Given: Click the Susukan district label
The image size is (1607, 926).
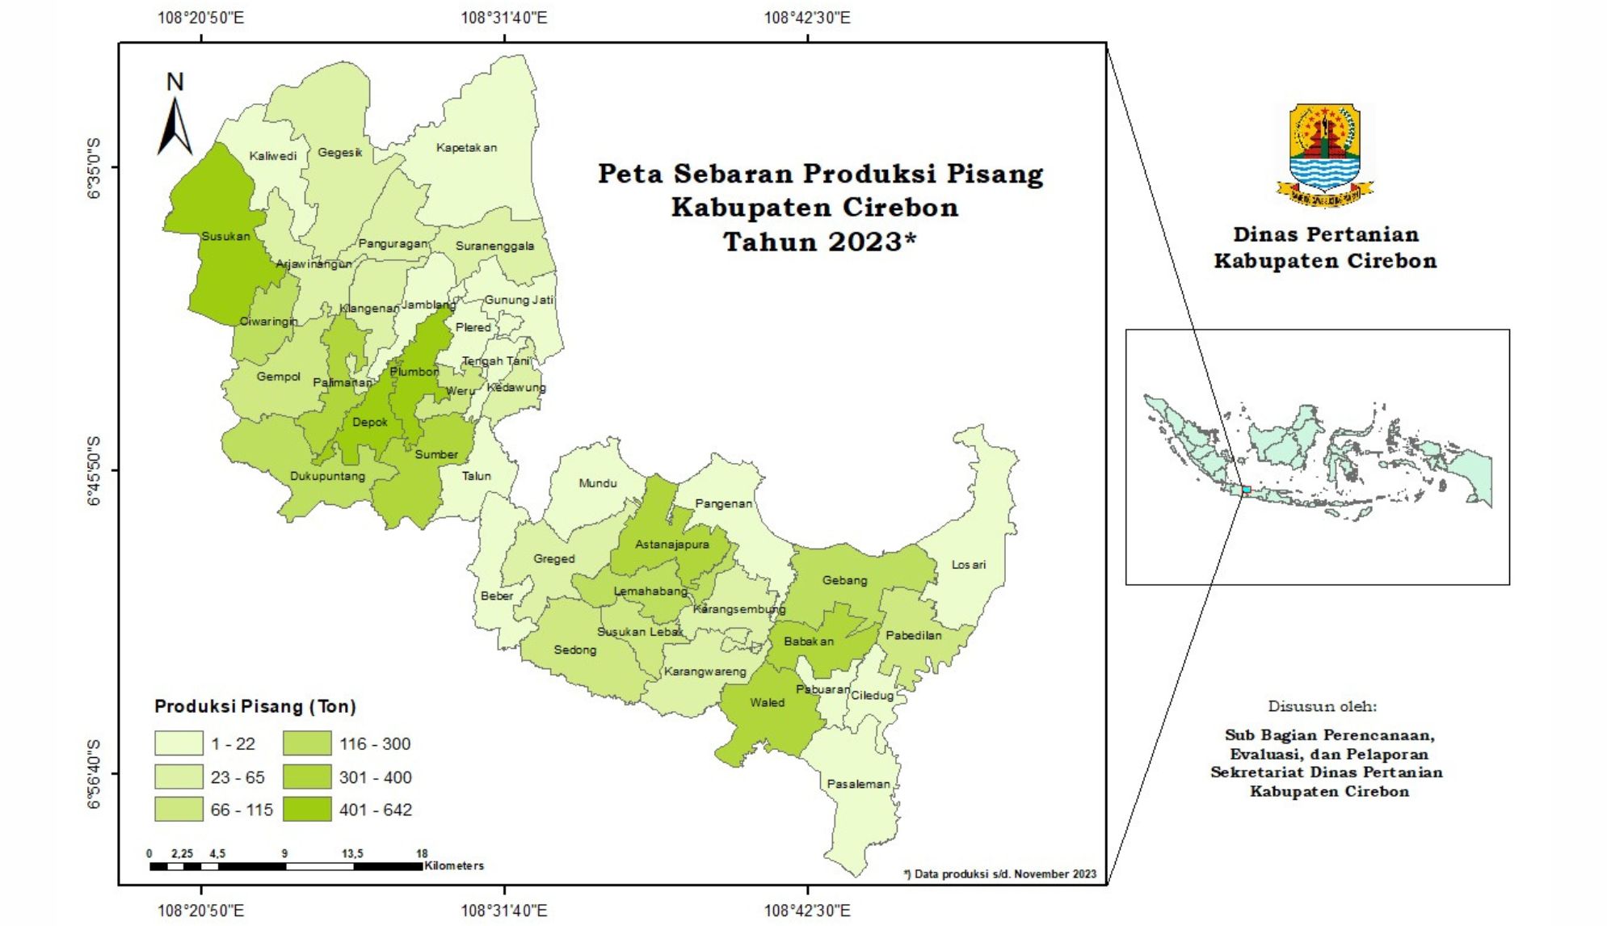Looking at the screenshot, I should [225, 236].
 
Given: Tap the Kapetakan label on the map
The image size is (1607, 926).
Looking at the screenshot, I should [466, 148].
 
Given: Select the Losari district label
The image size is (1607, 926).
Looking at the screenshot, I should [968, 565].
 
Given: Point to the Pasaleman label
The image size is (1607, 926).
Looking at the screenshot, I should [858, 784].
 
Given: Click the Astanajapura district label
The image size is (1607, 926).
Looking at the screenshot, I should [671, 545].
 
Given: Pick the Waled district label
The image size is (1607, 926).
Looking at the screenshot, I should [767, 702].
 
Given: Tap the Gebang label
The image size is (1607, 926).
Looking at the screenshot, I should [844, 580].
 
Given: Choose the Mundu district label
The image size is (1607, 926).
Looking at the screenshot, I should [597, 483].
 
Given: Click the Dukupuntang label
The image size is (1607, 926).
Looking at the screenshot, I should [327, 476].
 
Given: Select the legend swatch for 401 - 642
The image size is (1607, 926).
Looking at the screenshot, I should [307, 810].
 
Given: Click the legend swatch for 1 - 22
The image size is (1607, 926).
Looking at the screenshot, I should [179, 743].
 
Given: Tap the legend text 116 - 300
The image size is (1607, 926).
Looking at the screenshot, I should [375, 743].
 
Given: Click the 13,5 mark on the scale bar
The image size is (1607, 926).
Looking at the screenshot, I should [352, 853].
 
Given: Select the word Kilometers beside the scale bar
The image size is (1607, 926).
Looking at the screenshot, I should [454, 865].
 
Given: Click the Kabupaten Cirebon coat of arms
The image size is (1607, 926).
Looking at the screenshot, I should [1323, 154].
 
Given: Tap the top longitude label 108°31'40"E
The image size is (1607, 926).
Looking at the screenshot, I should [503, 17].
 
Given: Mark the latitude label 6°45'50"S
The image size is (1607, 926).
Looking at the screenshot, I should [94, 470].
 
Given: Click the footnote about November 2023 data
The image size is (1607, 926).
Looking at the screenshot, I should [999, 873].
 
